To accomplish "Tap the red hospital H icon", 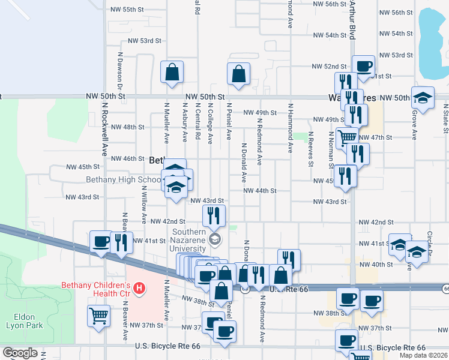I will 139,289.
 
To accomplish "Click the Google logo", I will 20,353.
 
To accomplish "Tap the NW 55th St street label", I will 128,10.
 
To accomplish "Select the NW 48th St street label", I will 128,127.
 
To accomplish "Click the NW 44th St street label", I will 259,191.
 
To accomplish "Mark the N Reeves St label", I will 311,148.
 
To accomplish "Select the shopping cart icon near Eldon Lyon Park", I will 98,316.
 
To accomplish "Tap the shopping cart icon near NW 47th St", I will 346,137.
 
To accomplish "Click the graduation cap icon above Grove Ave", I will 423,98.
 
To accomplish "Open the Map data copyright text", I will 424,355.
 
